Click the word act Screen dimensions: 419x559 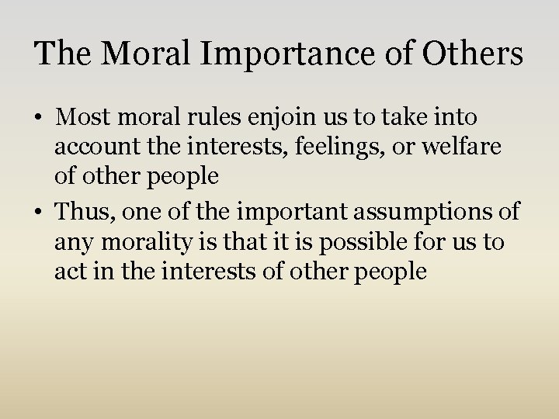pyautogui.click(x=69, y=272)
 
